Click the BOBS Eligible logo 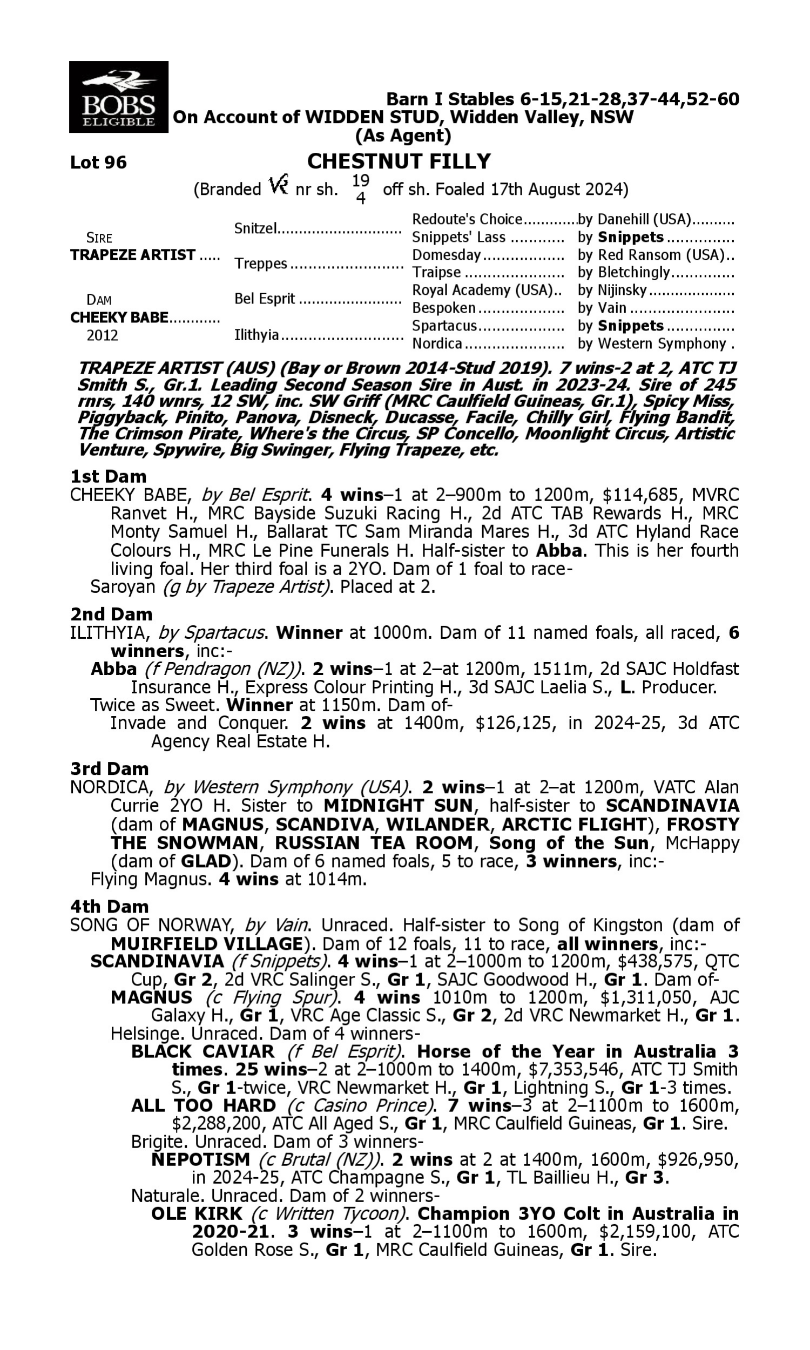(x=118, y=97)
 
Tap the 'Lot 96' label (x=98, y=162)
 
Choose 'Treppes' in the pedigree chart (x=260, y=264)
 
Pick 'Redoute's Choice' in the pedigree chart (x=467, y=219)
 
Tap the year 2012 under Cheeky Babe (x=102, y=335)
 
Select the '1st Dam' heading (x=108, y=476)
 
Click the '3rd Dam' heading (x=109, y=769)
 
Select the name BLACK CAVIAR (x=202, y=1051)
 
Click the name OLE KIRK (x=197, y=1213)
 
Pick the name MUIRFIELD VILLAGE (x=206, y=943)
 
